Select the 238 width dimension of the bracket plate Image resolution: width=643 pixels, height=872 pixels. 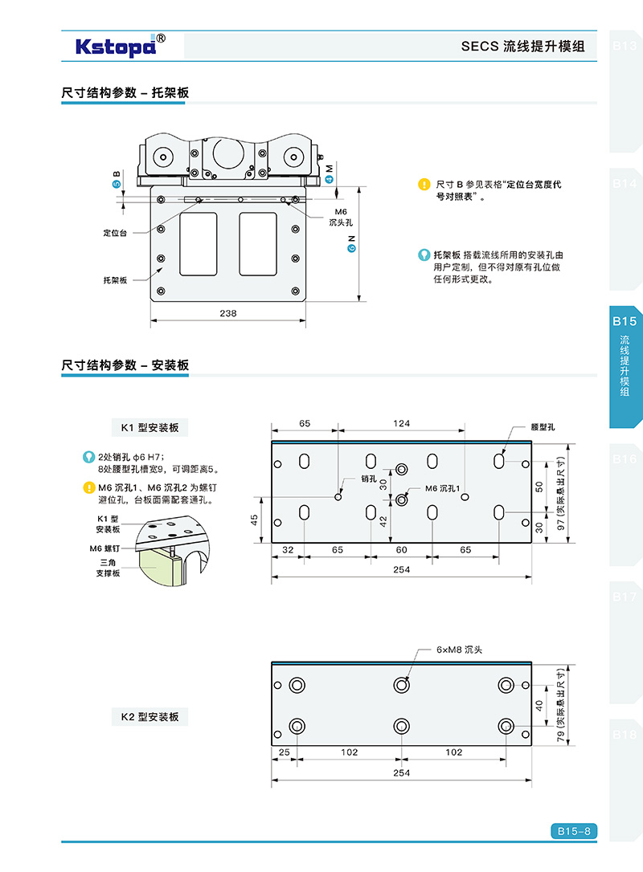[228, 313]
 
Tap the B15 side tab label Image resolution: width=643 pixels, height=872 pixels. [625, 321]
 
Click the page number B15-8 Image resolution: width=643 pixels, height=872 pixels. [574, 831]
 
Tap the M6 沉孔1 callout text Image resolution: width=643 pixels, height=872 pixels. [442, 488]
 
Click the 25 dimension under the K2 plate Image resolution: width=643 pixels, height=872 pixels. [284, 752]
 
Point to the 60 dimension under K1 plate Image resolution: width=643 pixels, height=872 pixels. [401, 550]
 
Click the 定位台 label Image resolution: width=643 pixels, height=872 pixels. [115, 233]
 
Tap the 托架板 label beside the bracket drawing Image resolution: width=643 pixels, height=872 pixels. [115, 280]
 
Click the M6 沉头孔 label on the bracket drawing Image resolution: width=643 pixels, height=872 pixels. [342, 217]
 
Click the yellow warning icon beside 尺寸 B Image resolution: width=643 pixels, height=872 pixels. [424, 185]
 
